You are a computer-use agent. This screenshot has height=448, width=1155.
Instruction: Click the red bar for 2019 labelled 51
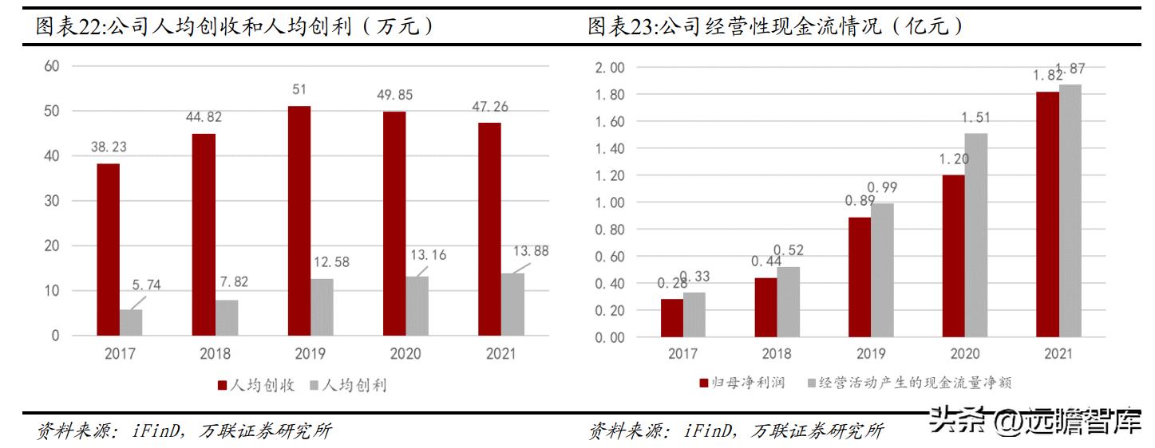[299, 221]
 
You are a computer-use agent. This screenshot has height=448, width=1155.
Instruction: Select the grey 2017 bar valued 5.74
[131, 322]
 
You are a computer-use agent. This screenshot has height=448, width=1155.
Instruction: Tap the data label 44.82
[204, 117]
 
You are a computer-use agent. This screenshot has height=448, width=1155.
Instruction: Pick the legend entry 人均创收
[255, 385]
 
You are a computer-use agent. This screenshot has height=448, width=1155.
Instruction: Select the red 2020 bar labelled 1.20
[953, 256]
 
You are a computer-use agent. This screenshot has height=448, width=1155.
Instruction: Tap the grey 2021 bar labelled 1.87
[1070, 210]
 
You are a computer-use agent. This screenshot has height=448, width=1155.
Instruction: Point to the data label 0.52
[789, 250]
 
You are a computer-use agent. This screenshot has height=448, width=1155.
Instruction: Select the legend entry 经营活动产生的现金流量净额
[910, 383]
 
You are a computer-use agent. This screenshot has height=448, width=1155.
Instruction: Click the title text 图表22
[68, 26]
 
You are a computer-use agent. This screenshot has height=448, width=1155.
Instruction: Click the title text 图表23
[620, 26]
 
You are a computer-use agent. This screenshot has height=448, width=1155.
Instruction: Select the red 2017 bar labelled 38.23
[109, 250]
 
